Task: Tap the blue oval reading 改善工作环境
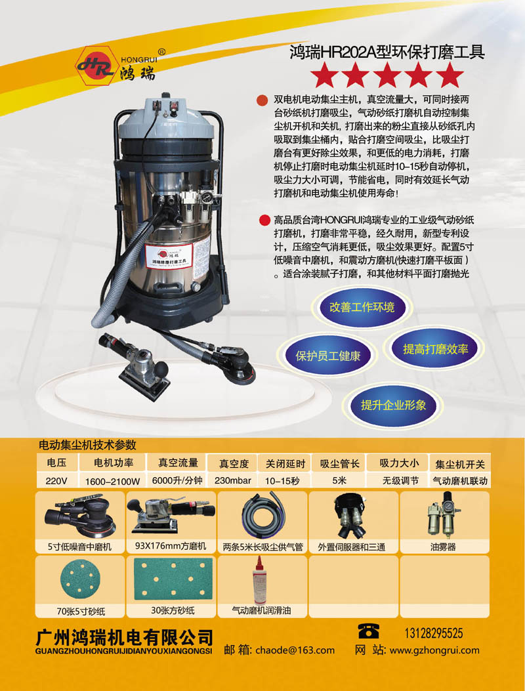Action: point(362,307)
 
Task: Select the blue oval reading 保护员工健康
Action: point(327,356)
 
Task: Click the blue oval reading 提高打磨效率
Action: point(435,348)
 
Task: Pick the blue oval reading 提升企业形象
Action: point(393,404)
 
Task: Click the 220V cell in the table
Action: point(56,480)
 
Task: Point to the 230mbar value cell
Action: point(233,480)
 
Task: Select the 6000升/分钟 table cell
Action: point(177,480)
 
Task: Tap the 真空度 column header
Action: point(234,463)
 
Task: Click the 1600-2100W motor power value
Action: point(112,481)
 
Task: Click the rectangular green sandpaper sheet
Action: point(173,579)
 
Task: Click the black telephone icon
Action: point(368,631)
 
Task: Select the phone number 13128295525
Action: point(434,633)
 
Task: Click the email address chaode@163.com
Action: point(295,650)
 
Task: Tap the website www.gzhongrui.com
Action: point(434,650)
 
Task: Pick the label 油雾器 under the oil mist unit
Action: point(443,547)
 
